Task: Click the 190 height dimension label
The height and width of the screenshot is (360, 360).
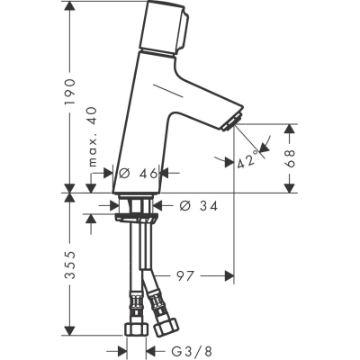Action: (x=70, y=92)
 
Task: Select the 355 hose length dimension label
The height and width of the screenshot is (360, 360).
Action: (x=70, y=265)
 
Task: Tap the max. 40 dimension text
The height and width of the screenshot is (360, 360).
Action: (x=93, y=137)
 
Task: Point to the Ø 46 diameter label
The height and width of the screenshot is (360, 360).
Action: (x=138, y=173)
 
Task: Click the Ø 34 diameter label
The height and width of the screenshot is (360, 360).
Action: (x=198, y=206)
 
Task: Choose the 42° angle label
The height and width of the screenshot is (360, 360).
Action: (x=247, y=159)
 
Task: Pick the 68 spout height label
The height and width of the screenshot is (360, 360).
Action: (x=289, y=158)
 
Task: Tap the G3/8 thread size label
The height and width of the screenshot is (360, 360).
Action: (x=192, y=350)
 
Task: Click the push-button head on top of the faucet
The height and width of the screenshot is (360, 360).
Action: (x=165, y=28)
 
